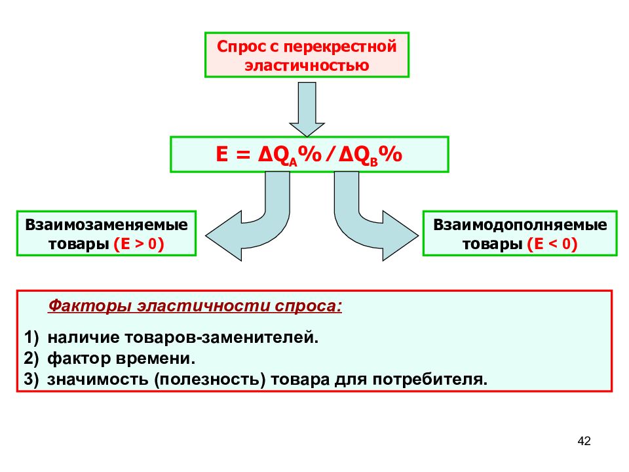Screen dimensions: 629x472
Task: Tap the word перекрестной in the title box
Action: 340,47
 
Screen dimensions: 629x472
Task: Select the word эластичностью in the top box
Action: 307,66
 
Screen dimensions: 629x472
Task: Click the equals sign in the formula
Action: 243,155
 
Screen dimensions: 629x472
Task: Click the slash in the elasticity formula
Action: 330,155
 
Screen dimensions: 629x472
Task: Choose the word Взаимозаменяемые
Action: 106,225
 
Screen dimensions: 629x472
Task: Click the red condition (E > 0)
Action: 139,244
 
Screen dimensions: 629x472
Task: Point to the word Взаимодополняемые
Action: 520,225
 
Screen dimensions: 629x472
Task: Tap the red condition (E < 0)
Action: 552,244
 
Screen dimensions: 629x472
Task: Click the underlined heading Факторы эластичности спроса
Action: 195,306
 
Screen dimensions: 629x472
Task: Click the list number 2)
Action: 31,358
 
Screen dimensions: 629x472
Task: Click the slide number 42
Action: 584,441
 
